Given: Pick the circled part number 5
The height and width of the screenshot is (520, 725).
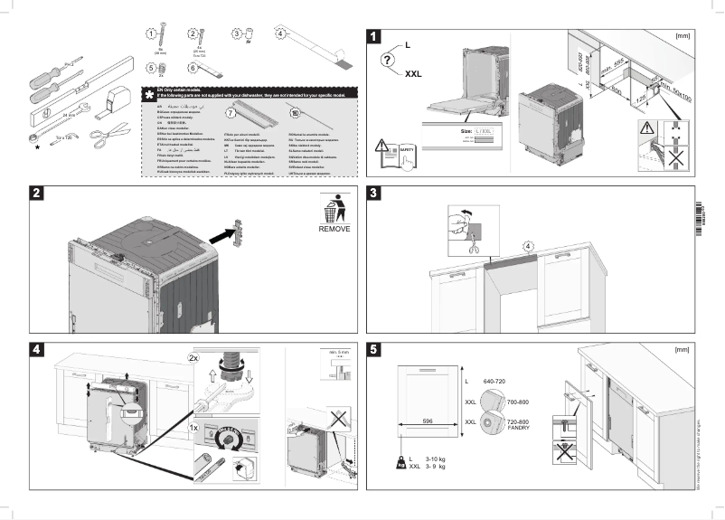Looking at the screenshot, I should (151, 67).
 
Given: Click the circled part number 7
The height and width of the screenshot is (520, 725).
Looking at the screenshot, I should (230, 114).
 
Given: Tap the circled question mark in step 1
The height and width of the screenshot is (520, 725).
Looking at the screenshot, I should (387, 60).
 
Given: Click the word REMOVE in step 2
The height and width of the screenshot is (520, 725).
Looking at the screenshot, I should (334, 229).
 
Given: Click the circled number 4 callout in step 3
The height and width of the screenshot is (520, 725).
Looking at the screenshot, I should (528, 245).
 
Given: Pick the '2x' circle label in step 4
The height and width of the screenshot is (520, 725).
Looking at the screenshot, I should (193, 357).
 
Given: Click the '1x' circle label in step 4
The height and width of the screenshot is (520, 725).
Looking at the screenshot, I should (193, 425).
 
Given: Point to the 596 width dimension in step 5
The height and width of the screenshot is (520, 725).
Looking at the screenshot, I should (428, 420).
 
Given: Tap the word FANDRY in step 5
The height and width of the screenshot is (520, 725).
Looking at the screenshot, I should (518, 428).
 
